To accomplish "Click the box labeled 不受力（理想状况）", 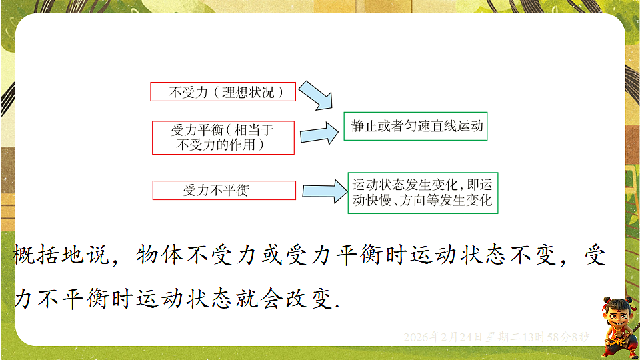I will coord(223,92).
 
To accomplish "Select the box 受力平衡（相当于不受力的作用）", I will coord(223,137).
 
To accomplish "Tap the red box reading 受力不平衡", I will coord(224,191).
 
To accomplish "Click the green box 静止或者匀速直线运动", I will coord(416,125).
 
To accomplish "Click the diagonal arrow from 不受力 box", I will coord(315,95).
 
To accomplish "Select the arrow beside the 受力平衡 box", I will coord(319,133).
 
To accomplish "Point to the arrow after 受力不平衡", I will coord(323,191).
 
